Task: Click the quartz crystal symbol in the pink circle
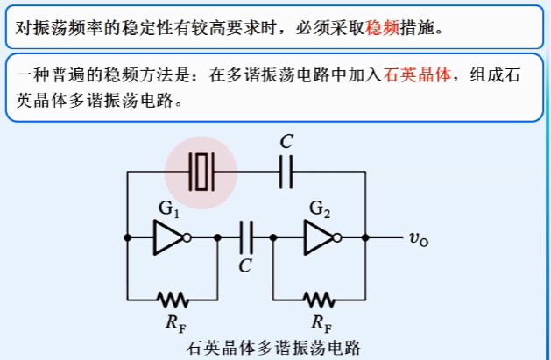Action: tap(203, 172)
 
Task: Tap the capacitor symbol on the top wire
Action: tap(286, 172)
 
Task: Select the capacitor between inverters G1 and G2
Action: tap(246, 236)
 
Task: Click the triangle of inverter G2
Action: tap(316, 236)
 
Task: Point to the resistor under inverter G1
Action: tap(173, 297)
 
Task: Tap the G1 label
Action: tap(169, 208)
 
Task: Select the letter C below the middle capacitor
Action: tap(246, 265)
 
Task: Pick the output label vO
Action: tap(419, 237)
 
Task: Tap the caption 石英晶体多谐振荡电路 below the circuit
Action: tap(273, 348)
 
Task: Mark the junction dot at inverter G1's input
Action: tap(129, 236)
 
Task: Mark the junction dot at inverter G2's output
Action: tap(364, 236)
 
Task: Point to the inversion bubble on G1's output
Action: tap(187, 236)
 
